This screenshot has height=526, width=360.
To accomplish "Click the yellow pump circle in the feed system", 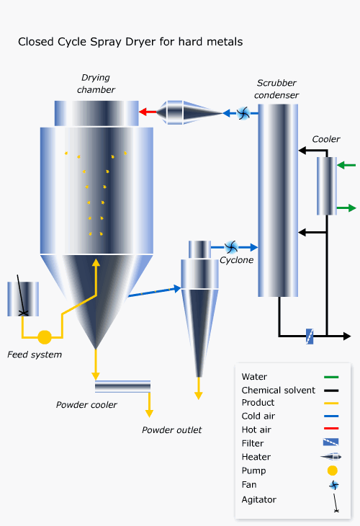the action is (45, 337).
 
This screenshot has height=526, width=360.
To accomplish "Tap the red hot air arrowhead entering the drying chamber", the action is (143, 112).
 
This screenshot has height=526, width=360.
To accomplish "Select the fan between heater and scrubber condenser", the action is (243, 113).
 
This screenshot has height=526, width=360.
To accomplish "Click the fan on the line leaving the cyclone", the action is (231, 248).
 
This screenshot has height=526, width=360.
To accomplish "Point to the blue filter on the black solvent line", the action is (310, 336).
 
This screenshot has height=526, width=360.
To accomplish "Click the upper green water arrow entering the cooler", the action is (346, 165).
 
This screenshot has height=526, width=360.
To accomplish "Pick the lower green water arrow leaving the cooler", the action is (346, 208).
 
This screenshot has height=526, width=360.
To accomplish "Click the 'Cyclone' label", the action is (237, 260).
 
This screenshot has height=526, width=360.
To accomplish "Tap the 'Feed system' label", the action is (35, 355).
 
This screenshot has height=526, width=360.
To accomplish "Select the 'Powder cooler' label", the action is (86, 405).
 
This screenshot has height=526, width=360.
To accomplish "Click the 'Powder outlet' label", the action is (171, 430).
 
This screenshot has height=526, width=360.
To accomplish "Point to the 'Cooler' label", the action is (326, 139).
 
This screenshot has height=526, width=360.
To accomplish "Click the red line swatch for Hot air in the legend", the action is (331, 429).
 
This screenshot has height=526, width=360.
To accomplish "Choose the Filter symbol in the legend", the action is (330, 442).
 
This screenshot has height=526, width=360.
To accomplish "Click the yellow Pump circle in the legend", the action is (333, 471).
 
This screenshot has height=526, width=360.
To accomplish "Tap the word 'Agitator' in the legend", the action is (259, 500).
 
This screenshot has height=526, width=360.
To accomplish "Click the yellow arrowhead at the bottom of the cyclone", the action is (199, 395).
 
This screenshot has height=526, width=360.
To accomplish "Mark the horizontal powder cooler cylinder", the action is (122, 386).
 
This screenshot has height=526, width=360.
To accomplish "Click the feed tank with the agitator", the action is (23, 299).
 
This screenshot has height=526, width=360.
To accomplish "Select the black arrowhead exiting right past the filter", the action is (346, 336).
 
